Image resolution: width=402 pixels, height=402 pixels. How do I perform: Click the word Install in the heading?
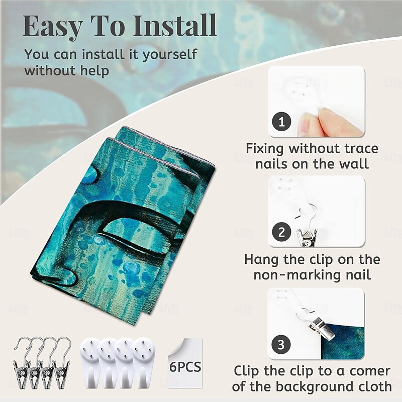175,26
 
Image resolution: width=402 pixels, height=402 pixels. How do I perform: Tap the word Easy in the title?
53,27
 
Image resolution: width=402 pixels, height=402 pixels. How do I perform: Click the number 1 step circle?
281,122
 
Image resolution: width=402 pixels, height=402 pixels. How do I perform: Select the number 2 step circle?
281,232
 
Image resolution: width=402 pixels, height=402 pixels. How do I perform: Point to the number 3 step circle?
281,344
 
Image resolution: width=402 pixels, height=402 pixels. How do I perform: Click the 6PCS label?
185,367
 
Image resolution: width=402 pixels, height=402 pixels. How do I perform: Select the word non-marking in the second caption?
295,275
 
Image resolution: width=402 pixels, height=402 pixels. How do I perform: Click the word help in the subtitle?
94,70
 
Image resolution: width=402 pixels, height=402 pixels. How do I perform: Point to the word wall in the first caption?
354,164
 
